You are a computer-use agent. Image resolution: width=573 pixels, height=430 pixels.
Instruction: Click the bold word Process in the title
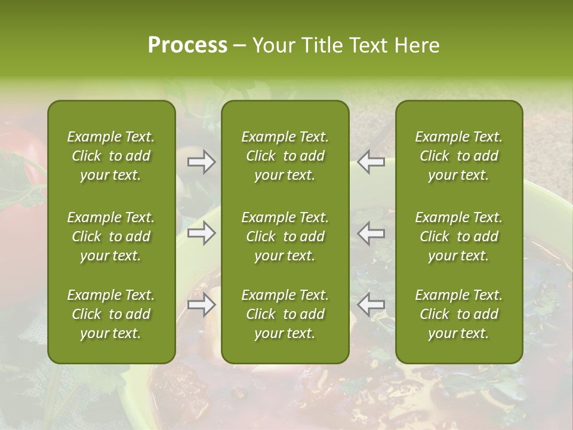[x=187, y=45]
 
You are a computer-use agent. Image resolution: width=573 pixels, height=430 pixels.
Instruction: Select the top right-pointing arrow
[x=202, y=162]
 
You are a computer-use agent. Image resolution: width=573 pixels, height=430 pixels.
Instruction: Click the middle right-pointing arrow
[x=202, y=233]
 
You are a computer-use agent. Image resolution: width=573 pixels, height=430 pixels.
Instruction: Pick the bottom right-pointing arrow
[x=202, y=305]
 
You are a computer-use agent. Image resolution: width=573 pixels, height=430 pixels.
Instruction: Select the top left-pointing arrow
[x=371, y=162]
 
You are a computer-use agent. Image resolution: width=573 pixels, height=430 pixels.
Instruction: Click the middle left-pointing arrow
[x=371, y=233]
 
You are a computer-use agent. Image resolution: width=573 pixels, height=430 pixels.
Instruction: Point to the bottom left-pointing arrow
[x=371, y=305]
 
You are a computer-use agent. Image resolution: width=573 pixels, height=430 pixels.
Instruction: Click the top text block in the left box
[x=111, y=156]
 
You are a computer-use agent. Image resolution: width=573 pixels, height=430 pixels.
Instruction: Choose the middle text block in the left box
[x=111, y=236]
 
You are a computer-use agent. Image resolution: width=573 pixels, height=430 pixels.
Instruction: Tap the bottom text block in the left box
[x=111, y=314]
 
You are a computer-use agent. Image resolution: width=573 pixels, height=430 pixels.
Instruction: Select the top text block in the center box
[x=285, y=156]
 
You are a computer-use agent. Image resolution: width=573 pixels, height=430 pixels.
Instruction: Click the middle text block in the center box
[x=285, y=236]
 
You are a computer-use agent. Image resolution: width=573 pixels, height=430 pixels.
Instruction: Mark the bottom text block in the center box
[x=285, y=314]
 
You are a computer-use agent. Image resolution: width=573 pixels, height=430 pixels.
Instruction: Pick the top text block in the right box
[x=459, y=156]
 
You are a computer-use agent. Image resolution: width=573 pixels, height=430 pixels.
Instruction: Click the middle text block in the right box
[x=459, y=236]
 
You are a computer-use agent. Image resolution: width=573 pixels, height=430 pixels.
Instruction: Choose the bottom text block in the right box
[x=459, y=314]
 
